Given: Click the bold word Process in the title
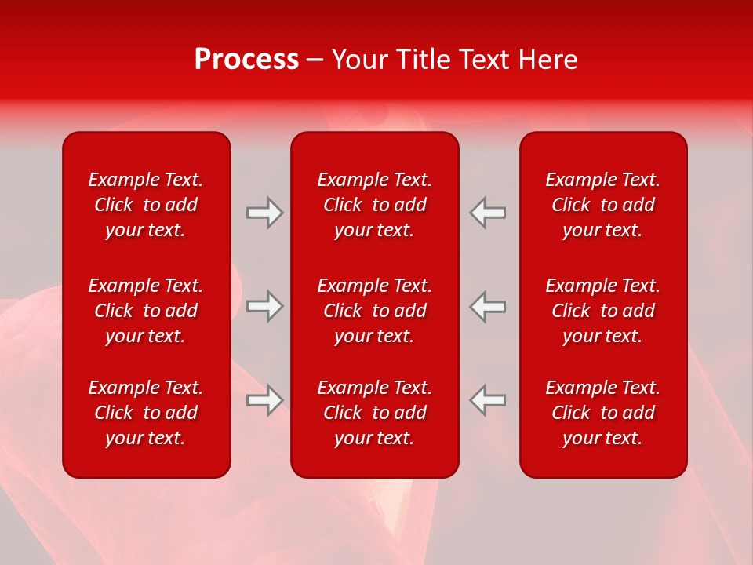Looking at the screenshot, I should (246, 60).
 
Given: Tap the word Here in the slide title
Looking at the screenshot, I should (547, 60).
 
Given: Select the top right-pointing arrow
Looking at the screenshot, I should (264, 213).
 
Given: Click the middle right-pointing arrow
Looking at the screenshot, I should (264, 306).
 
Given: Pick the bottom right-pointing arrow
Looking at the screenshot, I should (264, 399).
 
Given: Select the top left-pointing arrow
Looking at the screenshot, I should (488, 213).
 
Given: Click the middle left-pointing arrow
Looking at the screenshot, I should (488, 306).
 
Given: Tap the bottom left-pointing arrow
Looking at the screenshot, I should (488, 399).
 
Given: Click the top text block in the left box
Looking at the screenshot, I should (146, 205).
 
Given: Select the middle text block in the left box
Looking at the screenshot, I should (146, 311).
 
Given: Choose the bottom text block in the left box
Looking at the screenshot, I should (146, 413).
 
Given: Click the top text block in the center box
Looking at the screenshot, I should (374, 205).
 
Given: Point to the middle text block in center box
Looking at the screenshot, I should (374, 311).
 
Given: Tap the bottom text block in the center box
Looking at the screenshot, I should (374, 413).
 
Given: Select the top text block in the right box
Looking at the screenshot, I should (602, 205).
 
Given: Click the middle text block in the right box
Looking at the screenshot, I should (602, 311).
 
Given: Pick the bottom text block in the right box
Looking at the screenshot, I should (602, 413).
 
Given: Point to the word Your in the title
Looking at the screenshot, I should (360, 60).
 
